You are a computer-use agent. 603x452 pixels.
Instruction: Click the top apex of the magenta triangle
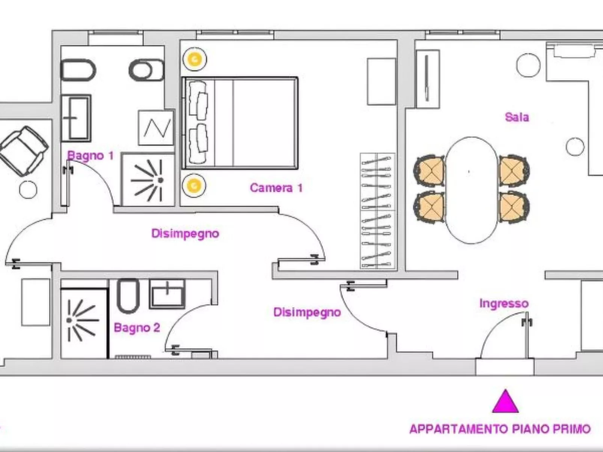pos(505,389)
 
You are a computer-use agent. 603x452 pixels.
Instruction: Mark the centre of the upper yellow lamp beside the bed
pos(194,59)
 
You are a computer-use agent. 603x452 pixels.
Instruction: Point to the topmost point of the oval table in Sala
pos(472,137)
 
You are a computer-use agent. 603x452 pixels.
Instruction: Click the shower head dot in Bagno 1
pos(160,180)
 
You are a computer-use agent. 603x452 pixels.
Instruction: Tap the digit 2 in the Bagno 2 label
pos(157,327)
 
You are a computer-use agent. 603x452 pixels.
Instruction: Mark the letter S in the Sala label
pos(508,117)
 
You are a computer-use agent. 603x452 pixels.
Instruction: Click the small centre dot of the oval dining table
pos(469,172)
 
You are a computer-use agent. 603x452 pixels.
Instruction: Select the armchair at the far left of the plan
pos(24,151)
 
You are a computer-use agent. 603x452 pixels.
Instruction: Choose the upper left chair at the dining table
pos(430,171)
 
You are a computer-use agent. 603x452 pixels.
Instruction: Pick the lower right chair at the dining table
pos(514,207)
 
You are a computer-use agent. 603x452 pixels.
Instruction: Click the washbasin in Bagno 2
pos(167,294)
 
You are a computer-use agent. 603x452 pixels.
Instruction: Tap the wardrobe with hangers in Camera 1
pos(378,211)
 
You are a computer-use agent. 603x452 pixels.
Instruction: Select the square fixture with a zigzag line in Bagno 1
pos(156,128)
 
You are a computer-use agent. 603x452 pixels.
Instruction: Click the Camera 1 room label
pos(276,188)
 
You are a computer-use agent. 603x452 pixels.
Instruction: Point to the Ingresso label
pos(504,304)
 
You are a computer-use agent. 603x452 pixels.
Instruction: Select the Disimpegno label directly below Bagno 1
pos(185,234)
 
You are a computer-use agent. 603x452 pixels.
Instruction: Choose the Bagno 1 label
pos(90,156)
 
